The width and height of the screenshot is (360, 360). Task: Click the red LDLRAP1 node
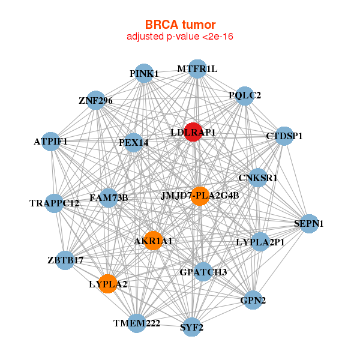(x=192, y=132)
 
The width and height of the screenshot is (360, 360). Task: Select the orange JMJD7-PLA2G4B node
(x=200, y=196)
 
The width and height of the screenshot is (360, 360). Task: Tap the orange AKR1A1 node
(x=153, y=241)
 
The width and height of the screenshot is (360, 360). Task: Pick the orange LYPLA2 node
(x=108, y=283)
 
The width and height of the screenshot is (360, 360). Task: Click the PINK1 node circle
(x=143, y=73)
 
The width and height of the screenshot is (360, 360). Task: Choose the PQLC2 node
(x=244, y=95)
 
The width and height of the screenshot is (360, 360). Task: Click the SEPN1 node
(x=308, y=223)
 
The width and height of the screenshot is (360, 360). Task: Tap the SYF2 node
(x=191, y=327)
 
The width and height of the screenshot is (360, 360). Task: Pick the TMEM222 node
(x=137, y=323)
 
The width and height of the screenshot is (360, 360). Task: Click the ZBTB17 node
(x=65, y=260)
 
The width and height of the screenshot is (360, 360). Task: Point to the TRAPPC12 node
(x=55, y=203)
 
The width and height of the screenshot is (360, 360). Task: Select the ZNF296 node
(x=96, y=101)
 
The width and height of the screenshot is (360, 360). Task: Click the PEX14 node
(x=134, y=142)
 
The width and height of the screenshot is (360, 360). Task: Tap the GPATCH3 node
(x=203, y=272)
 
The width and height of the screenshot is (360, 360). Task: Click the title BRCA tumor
(x=180, y=25)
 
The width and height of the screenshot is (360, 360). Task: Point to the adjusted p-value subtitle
(x=180, y=37)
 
